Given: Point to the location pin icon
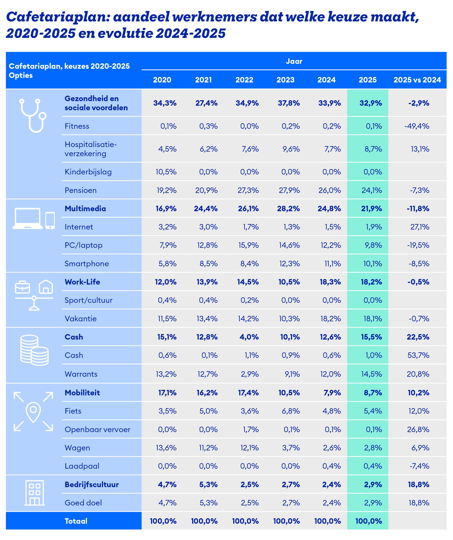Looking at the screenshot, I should click(x=33, y=412).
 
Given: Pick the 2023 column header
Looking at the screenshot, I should click(x=285, y=80).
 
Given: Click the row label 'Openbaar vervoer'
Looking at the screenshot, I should click(x=97, y=429).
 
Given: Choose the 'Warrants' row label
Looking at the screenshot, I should click(x=81, y=374).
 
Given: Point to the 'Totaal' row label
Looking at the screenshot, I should click(x=76, y=521).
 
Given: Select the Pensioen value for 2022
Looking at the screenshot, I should click(x=248, y=190).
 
